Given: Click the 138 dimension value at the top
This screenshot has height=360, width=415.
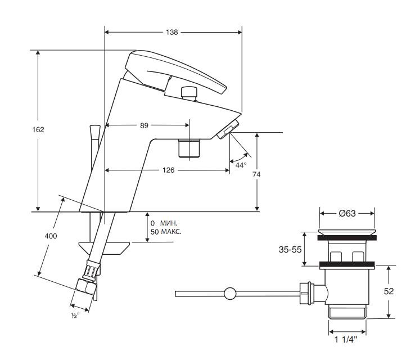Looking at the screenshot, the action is (172, 32).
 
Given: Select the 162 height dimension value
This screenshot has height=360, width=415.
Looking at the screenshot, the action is (38, 130).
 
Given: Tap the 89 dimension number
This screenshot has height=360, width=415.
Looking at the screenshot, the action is (144, 125).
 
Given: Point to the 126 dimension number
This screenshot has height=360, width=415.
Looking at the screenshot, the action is (168, 170).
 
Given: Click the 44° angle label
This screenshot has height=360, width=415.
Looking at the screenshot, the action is (241, 165).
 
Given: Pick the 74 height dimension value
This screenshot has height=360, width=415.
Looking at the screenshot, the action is (256, 174).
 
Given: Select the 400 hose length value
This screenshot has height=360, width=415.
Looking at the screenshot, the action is (51, 236).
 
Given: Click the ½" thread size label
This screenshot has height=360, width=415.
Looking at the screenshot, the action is (75, 315).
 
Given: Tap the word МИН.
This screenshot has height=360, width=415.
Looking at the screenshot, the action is (169, 223).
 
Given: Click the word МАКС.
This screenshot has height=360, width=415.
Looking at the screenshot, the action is (171, 232).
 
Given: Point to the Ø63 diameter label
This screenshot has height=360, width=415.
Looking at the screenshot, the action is (348, 213).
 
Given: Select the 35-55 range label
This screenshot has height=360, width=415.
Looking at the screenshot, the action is (290, 249).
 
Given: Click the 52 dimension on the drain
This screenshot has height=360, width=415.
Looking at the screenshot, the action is (389, 291).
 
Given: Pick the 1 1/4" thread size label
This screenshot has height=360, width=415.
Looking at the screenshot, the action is (346, 339).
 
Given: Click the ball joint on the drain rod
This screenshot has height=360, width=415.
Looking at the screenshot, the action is (230, 293).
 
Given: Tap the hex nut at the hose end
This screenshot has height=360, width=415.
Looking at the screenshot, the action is (85, 286).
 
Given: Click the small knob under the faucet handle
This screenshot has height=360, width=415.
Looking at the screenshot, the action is (189, 93).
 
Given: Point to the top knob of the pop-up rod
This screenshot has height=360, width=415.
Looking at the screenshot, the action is (95, 132).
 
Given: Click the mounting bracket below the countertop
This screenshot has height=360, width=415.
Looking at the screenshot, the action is (104, 248).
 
